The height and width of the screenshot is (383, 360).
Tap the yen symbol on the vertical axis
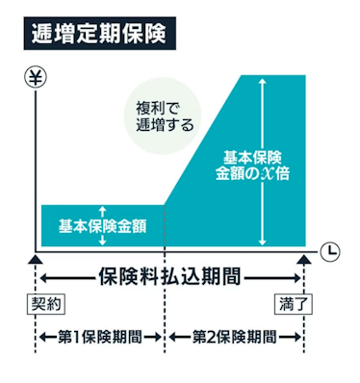click(x=35, y=76)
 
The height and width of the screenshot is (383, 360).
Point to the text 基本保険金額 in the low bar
click(x=99, y=226)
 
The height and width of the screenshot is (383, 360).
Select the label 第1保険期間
click(x=99, y=337)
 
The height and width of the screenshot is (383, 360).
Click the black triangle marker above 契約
click(x=36, y=258)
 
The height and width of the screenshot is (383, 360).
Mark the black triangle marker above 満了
click(x=304, y=258)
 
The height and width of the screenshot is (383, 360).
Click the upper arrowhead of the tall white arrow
click(x=261, y=81)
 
